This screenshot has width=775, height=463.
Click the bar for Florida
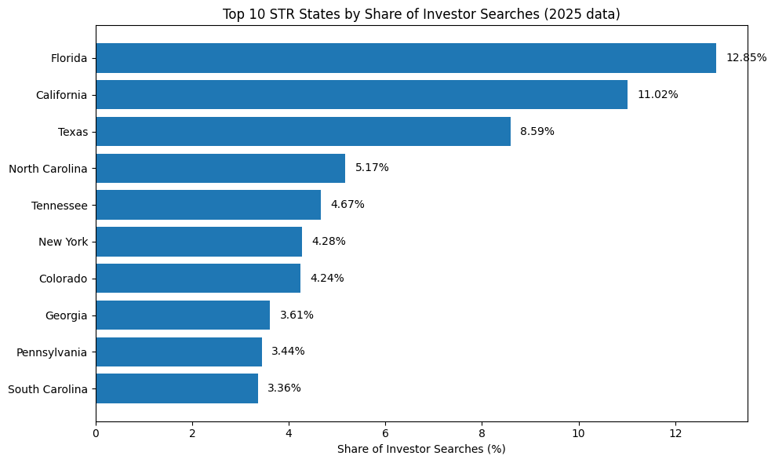[406, 58]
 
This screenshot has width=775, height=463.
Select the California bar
[362, 95]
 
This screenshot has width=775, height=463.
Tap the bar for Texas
[303, 132]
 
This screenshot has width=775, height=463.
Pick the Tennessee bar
[208, 205]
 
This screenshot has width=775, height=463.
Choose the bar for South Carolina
[176, 388]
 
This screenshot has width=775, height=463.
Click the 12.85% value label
[746, 58]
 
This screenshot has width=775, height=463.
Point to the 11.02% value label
[657, 95]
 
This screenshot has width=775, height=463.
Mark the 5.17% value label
[372, 168]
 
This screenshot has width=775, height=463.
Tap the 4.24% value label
[327, 279]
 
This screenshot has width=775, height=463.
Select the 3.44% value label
[288, 352]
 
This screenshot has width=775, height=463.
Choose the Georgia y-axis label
[67, 315]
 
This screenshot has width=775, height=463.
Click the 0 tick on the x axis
[96, 433]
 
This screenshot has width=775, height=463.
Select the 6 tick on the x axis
[385, 433]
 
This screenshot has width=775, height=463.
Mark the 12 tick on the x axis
[675, 433]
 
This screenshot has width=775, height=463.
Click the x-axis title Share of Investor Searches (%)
[421, 450]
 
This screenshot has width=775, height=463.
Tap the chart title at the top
[421, 14]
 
